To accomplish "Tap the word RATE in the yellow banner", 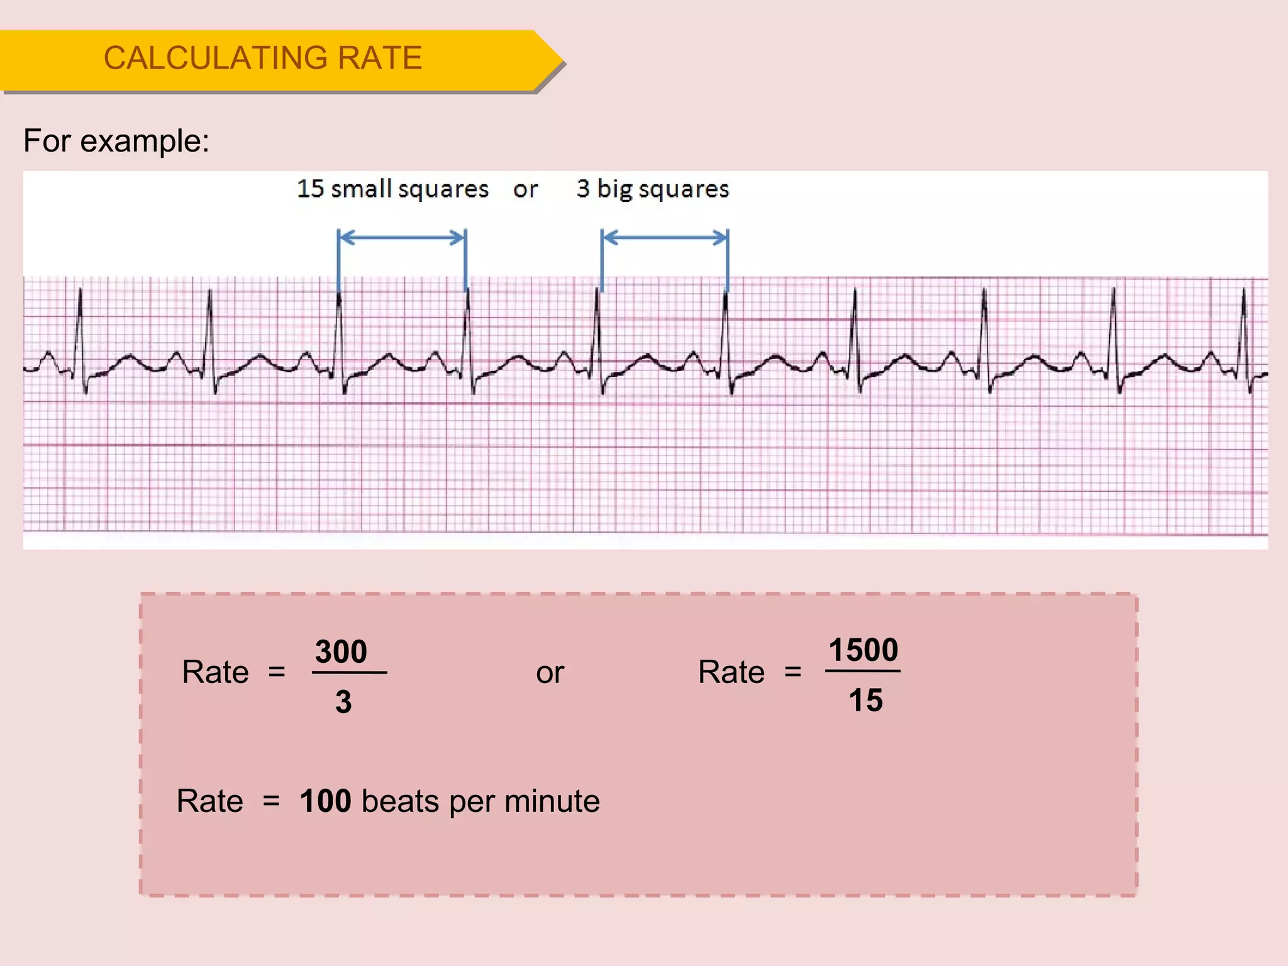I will click(x=380, y=58).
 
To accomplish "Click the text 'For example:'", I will click(x=116, y=141).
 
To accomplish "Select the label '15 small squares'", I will click(x=392, y=189).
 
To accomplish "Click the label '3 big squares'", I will click(x=653, y=189).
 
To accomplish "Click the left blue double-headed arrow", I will click(x=402, y=238).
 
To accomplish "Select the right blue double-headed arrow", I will click(x=665, y=238).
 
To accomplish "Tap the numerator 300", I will click(x=341, y=652).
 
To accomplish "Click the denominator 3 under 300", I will click(x=343, y=702).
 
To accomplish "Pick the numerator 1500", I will click(x=863, y=650).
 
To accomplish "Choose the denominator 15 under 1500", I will click(x=866, y=701).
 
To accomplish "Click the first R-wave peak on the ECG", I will click(x=80, y=291).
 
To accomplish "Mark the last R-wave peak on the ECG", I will click(x=1243, y=291).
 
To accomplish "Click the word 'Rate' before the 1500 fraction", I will click(x=731, y=672).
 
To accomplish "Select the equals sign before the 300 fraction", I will click(x=277, y=673).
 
